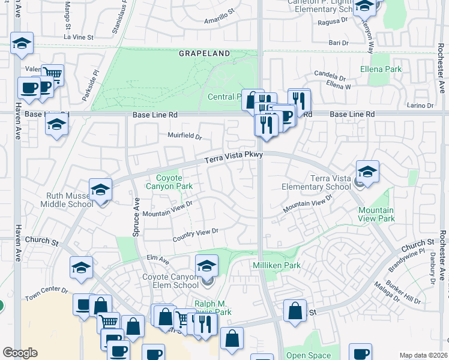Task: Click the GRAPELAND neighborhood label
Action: (x=204, y=53)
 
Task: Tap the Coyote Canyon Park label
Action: (x=175, y=182)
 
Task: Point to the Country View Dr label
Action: (x=195, y=235)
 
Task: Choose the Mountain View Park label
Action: (x=376, y=214)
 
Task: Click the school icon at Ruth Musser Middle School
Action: (x=100, y=191)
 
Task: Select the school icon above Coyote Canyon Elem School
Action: (x=206, y=266)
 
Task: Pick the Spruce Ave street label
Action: (x=136, y=216)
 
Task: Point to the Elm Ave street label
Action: (x=158, y=259)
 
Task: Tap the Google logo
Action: (x=20, y=353)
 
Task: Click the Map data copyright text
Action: (x=423, y=355)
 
